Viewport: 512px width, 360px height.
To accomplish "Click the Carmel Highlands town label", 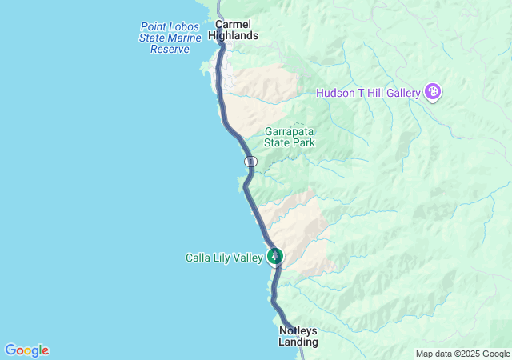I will [233, 30].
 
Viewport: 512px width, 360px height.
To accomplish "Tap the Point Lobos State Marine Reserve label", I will [170, 38].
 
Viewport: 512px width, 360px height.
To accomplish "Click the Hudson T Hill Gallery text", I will [368, 93].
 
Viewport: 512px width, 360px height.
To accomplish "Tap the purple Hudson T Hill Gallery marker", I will [433, 92].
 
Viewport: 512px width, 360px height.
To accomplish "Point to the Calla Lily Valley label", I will [223, 258].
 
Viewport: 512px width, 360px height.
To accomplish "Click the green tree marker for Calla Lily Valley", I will [275, 256].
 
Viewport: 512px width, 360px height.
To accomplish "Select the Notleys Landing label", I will [298, 336].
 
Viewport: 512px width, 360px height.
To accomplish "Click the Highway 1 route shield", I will [251, 162].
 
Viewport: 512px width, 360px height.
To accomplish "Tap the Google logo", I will [26, 350].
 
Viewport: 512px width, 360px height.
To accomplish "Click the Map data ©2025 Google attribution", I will [462, 354].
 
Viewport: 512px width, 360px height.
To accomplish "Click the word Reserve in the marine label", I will [170, 50].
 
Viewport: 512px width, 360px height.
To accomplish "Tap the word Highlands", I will [233, 36].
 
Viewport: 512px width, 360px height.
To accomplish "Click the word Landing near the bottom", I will [298, 342].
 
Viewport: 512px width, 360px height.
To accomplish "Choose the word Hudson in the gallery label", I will [335, 93].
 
